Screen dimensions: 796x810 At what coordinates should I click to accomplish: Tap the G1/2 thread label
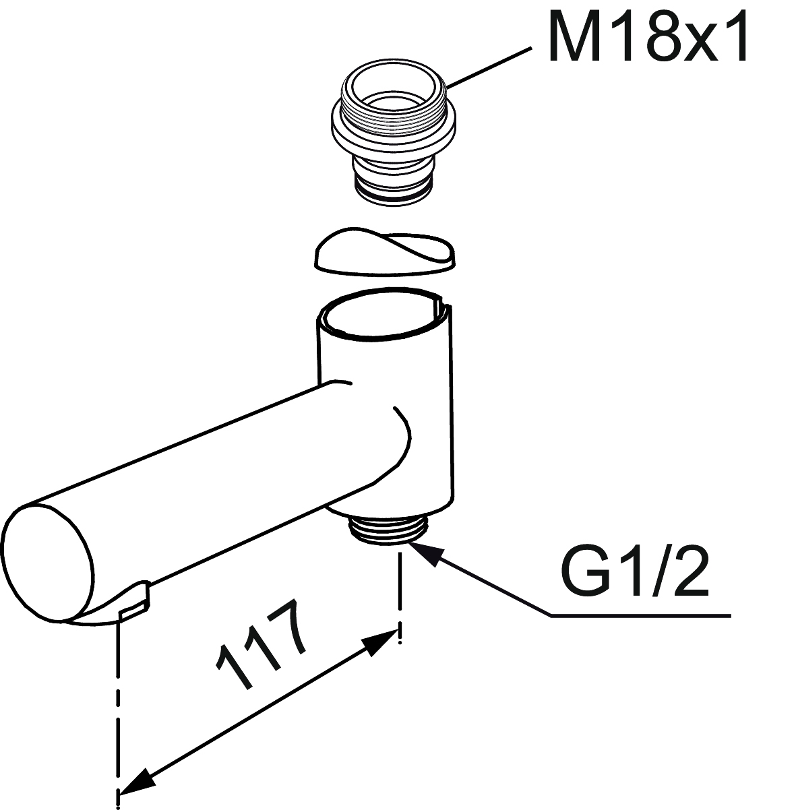(634, 572)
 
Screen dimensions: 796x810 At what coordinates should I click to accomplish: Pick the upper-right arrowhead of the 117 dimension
(381, 643)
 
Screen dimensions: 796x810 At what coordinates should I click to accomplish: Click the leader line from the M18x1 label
(488, 69)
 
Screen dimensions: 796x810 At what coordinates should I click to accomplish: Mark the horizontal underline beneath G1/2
(641, 617)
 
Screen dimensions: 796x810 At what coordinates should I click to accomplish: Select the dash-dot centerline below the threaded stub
(400, 599)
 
